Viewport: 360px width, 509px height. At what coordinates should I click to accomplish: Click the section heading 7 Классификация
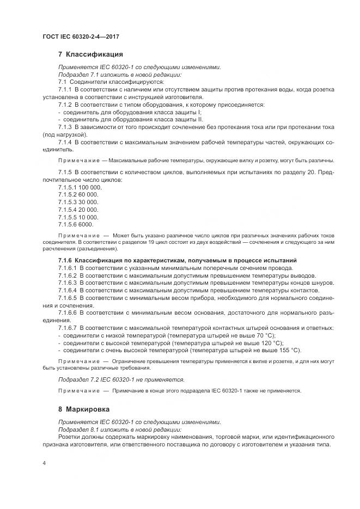[90, 54]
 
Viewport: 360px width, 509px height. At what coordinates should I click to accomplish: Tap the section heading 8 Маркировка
[87, 408]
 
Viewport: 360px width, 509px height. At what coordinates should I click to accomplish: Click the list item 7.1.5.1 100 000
[80, 187]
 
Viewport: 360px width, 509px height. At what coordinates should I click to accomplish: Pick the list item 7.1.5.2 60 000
[78, 194]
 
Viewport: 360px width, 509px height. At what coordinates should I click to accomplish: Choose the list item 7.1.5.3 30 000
[78, 202]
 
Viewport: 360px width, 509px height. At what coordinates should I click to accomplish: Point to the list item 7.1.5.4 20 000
[78, 209]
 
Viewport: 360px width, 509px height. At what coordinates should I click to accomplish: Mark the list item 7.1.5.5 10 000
[78, 217]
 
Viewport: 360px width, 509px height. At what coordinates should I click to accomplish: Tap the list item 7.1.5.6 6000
[76, 224]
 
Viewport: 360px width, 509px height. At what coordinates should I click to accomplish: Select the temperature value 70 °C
[265, 335]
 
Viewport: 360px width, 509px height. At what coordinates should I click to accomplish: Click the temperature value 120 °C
[271, 343]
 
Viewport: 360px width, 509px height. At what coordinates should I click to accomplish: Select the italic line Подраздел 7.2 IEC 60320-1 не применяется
[121, 379]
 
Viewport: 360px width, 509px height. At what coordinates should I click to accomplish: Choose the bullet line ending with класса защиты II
[130, 119]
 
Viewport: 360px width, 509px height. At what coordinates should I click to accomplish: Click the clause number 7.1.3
[65, 127]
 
